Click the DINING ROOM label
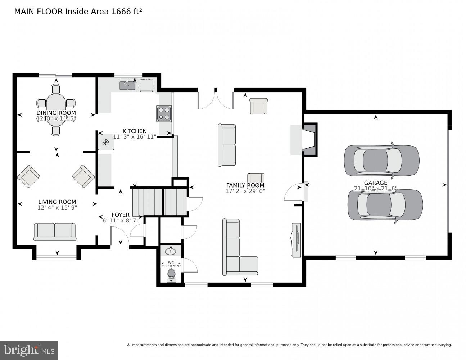point(56,113)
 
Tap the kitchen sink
point(127,85)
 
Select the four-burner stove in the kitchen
point(164,113)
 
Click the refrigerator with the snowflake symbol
point(106,142)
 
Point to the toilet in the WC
point(171,274)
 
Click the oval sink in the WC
point(170,251)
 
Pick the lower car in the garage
point(385,205)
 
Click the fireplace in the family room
point(309,140)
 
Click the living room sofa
point(55,231)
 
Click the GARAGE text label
point(375,183)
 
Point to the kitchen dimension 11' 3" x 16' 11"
point(135,137)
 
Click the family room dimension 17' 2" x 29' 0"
point(245,191)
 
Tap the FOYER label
point(120,215)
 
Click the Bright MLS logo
point(29,350)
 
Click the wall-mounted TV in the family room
point(296,240)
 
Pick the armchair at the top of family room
point(258,106)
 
